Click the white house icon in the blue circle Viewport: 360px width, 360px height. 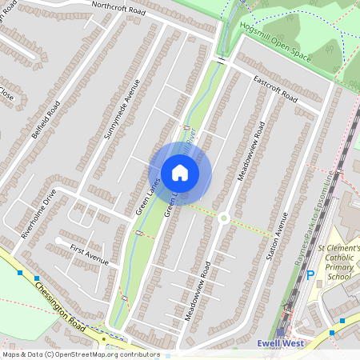click(180, 173)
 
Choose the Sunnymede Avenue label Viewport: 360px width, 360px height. click(121, 110)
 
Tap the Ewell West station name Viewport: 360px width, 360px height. click(280, 343)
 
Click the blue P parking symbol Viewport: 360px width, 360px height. click(310, 275)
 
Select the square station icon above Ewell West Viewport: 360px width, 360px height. click(281, 330)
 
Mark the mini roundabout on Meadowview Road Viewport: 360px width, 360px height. click(224, 218)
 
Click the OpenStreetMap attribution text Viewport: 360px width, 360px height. click(80, 354)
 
